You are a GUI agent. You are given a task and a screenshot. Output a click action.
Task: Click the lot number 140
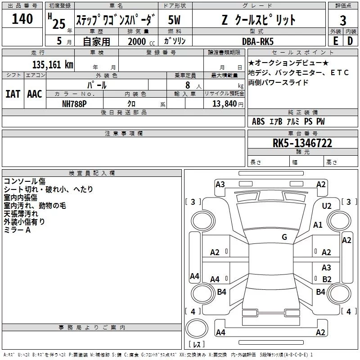(22, 19)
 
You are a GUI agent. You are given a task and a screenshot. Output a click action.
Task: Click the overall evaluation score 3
(343, 21)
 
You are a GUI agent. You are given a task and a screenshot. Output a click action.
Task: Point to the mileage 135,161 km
(53, 64)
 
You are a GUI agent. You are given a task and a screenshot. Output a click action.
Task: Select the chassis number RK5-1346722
(302, 143)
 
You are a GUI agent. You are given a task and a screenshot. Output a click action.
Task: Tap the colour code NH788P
(75, 103)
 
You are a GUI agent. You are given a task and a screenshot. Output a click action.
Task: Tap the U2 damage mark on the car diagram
(327, 206)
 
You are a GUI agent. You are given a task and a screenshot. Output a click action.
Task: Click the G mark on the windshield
(284, 237)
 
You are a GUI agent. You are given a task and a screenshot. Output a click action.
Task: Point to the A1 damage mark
(318, 225)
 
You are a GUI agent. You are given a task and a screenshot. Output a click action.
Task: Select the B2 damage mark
(327, 279)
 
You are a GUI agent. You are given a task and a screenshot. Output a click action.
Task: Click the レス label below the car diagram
(197, 345)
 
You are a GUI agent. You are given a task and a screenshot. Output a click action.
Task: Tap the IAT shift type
(13, 94)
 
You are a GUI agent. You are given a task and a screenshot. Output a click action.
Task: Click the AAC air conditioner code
(35, 94)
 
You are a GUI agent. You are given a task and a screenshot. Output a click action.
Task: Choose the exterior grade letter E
(335, 41)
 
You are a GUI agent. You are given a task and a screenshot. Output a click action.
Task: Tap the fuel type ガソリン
(175, 41)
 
